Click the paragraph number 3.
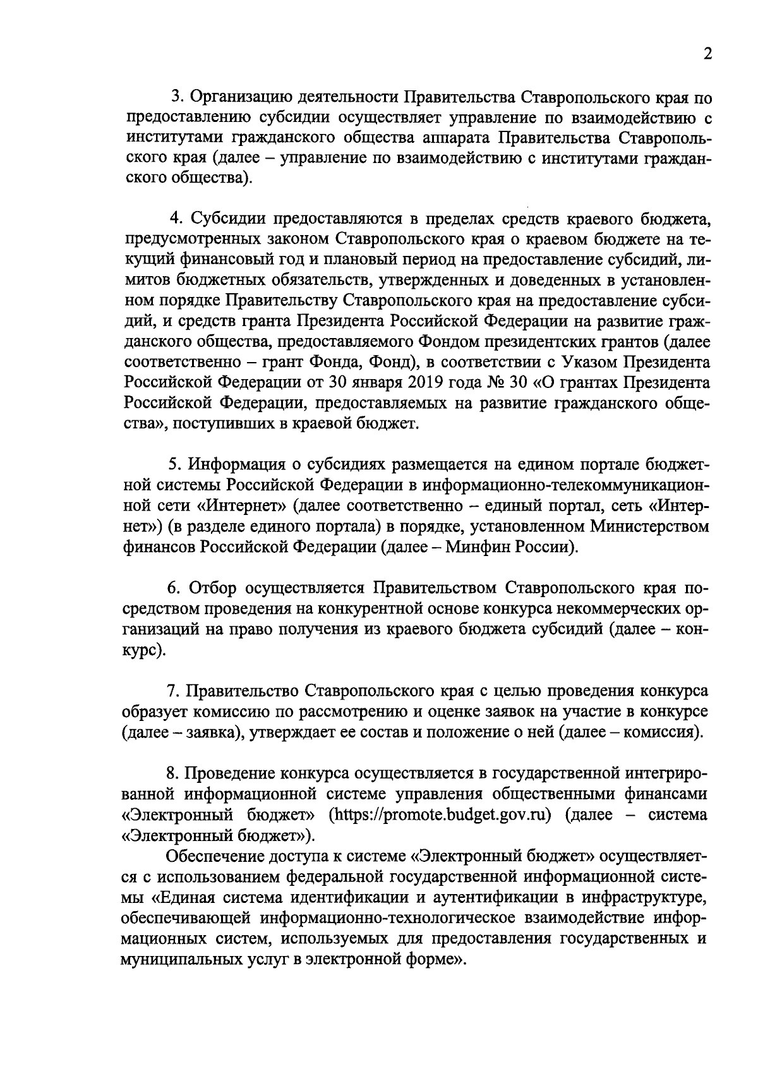tap(177, 97)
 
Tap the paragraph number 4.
tap(177, 219)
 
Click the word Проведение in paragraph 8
tap(228, 773)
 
